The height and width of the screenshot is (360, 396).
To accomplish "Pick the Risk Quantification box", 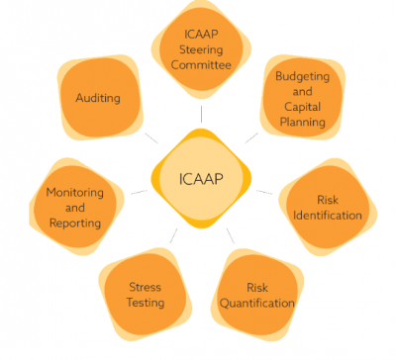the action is pos(256,294).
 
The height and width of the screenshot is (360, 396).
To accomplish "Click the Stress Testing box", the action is pos(145,294).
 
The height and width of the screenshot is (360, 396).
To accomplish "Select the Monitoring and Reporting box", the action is pos(74,208).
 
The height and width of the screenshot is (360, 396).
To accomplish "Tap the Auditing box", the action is pos(98,98).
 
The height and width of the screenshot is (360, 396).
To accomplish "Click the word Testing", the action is pos(145,302).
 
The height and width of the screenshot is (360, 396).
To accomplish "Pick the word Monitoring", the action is pos(74,193).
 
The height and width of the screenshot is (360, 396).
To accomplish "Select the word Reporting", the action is pos(74,223).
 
